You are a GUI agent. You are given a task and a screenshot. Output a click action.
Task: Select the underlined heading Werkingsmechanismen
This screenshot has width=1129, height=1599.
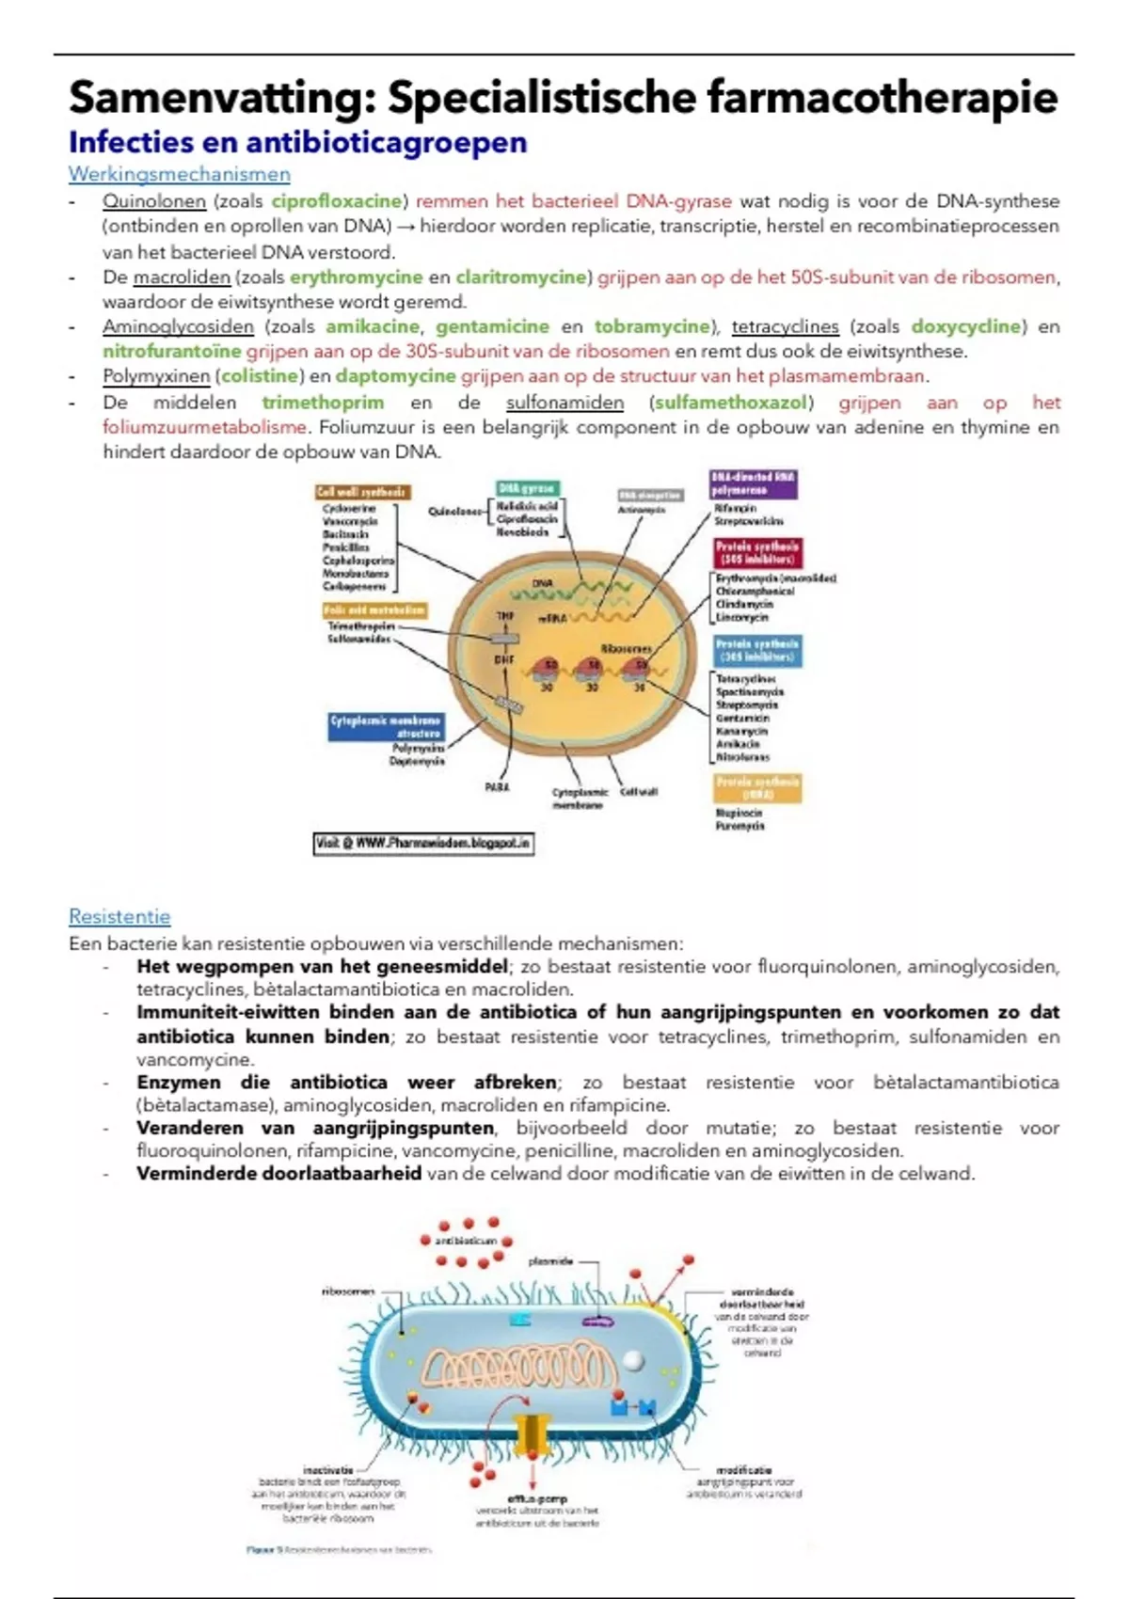point(179,174)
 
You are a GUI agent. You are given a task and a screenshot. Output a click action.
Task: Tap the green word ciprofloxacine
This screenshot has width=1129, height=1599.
point(337,201)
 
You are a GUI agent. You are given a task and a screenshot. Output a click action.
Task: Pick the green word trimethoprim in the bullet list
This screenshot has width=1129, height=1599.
point(323,403)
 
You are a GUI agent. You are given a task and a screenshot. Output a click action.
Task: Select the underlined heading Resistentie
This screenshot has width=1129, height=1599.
point(119,917)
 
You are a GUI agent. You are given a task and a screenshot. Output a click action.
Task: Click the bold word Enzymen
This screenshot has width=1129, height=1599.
point(179,1083)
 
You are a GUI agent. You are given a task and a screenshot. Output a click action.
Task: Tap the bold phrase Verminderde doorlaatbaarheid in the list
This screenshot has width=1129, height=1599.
point(278,1174)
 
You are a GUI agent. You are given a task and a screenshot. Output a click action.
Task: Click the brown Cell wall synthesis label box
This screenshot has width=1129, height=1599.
point(362,492)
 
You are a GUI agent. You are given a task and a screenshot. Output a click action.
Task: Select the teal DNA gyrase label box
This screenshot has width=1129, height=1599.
point(528,488)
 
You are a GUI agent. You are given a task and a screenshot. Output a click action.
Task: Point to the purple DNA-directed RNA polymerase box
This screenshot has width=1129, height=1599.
point(753,483)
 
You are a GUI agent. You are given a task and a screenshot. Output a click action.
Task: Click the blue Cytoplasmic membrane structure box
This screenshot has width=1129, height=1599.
point(386,726)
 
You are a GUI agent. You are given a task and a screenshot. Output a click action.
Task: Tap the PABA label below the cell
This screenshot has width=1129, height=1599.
point(497,787)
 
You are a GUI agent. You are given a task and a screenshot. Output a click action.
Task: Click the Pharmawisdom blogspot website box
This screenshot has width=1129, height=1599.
point(423,844)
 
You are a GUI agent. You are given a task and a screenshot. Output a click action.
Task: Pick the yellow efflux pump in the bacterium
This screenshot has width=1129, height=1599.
point(533,1432)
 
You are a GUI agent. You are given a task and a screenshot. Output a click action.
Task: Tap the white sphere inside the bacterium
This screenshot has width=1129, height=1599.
point(635,1360)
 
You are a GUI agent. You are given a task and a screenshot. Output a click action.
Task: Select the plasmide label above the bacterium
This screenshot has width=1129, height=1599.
point(550,1261)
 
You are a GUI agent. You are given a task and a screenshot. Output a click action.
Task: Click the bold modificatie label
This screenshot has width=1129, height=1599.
point(743,1469)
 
